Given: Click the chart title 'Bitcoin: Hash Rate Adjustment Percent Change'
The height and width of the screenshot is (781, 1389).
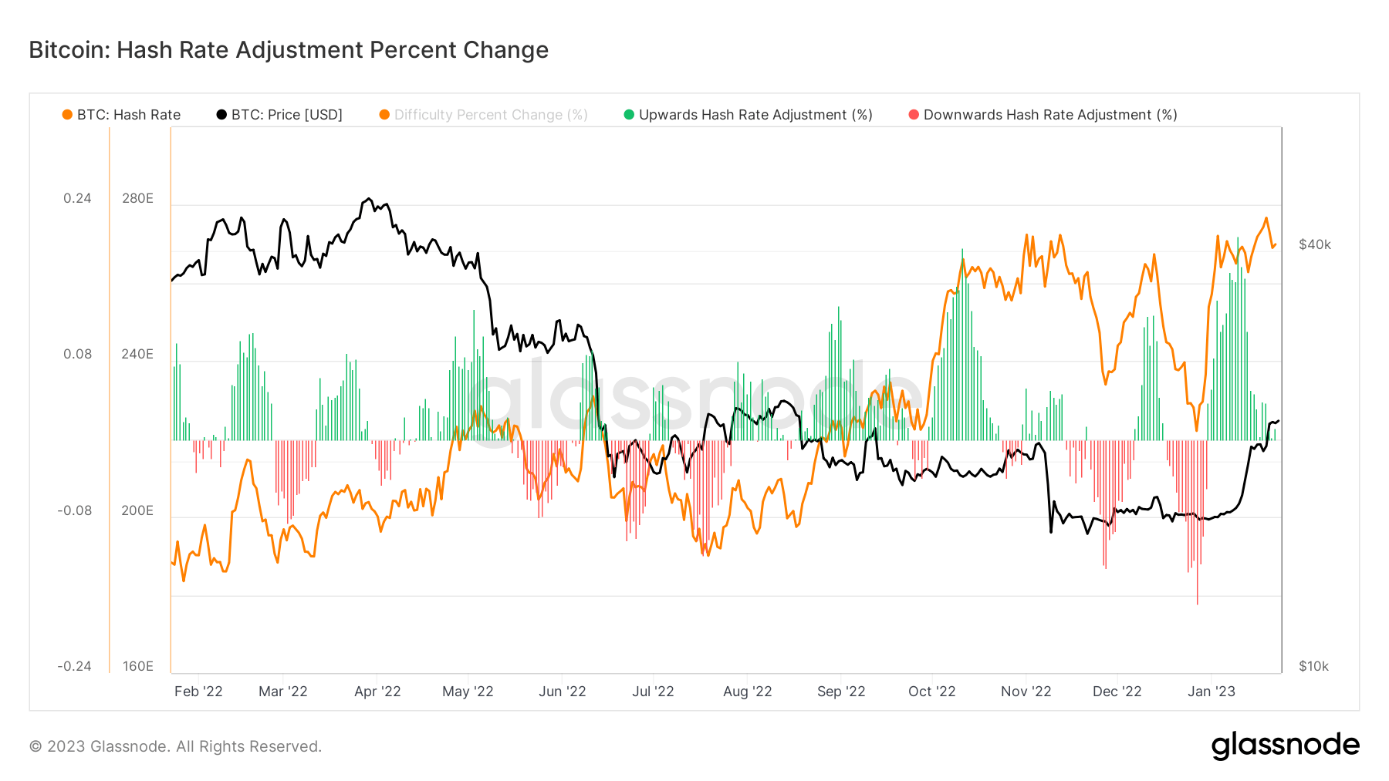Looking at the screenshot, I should [289, 50].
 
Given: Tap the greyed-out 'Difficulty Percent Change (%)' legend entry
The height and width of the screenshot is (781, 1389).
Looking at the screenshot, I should [484, 115].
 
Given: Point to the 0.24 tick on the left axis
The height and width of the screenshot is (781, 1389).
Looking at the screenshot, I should [77, 198].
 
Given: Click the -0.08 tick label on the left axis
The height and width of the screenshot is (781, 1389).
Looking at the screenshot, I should [74, 510].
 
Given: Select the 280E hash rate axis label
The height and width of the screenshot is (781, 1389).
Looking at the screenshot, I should [137, 198].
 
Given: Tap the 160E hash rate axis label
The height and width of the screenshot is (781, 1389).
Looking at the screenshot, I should [137, 666].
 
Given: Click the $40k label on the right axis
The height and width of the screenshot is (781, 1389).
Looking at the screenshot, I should [1315, 244].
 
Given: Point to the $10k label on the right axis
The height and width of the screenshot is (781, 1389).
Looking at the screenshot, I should [1313, 666].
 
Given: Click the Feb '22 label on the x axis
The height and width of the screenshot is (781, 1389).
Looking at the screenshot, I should [198, 692].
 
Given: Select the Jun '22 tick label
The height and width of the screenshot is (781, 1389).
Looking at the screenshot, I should [562, 692].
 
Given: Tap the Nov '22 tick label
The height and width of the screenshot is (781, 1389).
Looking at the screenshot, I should [1026, 692].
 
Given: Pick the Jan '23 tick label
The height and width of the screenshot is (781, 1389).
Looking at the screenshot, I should [1211, 692].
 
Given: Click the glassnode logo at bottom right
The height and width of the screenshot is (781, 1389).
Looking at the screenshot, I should [1285, 746].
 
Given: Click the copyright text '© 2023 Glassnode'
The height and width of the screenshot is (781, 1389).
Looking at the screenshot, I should [175, 746].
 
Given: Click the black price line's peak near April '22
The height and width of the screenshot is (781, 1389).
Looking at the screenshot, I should [369, 199].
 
